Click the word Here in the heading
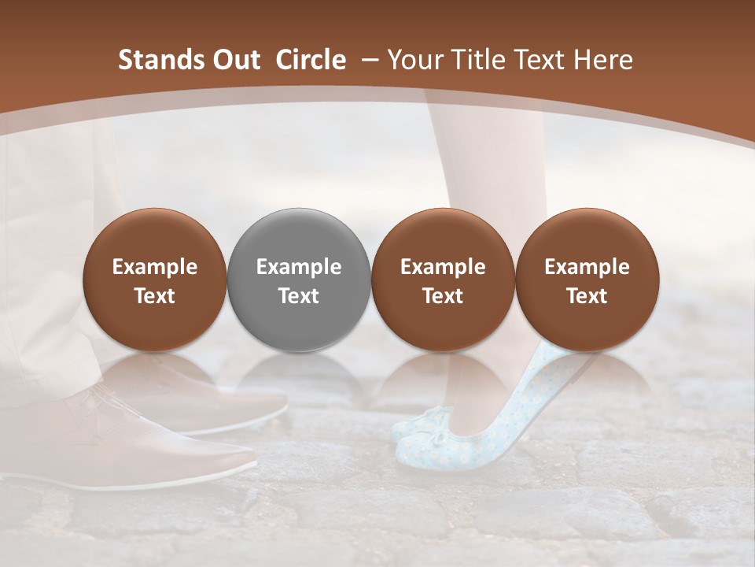[604, 60]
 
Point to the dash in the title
[368, 61]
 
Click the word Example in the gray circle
[299, 267]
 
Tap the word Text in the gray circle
[299, 296]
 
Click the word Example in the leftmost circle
[155, 267]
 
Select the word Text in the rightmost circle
[587, 296]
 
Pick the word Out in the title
[234, 60]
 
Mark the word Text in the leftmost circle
[155, 296]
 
